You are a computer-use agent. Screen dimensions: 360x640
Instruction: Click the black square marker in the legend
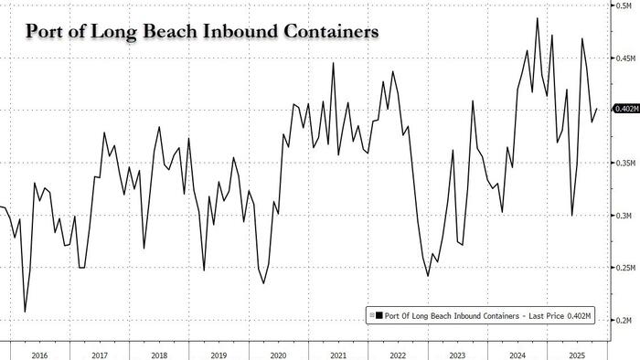[x=378, y=315]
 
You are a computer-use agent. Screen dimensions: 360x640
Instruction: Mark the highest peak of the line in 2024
[x=537, y=17]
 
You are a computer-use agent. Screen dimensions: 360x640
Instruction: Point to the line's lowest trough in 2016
[x=24, y=312]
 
